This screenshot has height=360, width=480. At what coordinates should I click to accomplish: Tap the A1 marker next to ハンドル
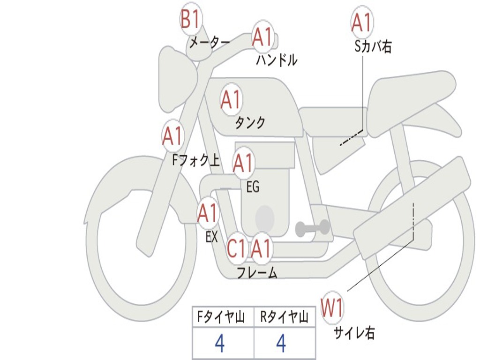point(262,37)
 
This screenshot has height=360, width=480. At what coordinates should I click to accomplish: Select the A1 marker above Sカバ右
point(362,22)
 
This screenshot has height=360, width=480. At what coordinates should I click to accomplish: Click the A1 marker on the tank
point(231,99)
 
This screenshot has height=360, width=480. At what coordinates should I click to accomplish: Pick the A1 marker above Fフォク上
point(172,136)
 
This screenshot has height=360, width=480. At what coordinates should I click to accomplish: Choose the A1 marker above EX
point(208,213)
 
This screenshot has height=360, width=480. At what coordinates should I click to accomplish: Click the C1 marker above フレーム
point(236,249)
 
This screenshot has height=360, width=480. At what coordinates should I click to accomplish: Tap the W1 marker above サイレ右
point(332,308)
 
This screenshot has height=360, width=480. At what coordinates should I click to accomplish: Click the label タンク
point(250,123)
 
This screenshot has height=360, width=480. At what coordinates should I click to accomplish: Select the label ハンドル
point(277,60)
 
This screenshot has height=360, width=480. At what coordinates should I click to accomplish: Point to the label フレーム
point(257,272)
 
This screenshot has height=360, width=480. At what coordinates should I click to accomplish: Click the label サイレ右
point(354,333)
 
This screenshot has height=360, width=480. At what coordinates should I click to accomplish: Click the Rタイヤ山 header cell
point(285,318)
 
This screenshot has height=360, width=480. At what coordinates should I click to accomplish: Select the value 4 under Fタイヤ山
point(219,344)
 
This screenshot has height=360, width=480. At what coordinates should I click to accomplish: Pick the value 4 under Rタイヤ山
point(281,344)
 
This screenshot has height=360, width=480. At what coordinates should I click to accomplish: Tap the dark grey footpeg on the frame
point(312,228)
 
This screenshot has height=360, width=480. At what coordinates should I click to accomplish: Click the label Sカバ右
point(373,47)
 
